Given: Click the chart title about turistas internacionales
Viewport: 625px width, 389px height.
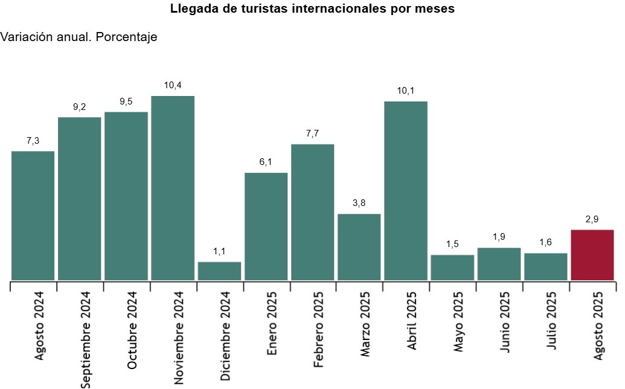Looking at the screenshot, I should (x=312, y=9).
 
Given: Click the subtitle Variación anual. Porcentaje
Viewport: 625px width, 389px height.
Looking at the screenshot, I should (x=79, y=37).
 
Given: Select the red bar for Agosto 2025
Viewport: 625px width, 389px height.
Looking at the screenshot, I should (x=592, y=255).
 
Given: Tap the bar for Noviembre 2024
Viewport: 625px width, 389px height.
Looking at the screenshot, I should (x=173, y=188).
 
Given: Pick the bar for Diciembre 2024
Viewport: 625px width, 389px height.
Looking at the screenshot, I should (x=219, y=271).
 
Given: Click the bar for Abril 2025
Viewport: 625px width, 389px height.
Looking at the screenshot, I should (x=406, y=190).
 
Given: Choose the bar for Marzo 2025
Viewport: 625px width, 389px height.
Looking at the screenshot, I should (x=359, y=246).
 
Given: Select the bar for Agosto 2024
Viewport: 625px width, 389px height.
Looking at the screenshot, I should (x=33, y=215).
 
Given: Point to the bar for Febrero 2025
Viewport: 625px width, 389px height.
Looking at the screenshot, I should (x=312, y=212).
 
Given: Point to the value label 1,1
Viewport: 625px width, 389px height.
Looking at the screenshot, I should (x=219, y=251).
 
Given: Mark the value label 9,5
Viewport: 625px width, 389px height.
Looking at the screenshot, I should (x=126, y=101).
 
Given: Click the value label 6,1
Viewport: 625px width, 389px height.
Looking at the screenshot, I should (x=266, y=162).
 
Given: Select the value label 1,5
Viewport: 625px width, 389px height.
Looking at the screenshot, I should (x=452, y=245).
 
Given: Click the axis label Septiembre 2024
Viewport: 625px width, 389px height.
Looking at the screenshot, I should (x=86, y=338).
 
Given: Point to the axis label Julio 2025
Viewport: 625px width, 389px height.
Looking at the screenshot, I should (x=552, y=320).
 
